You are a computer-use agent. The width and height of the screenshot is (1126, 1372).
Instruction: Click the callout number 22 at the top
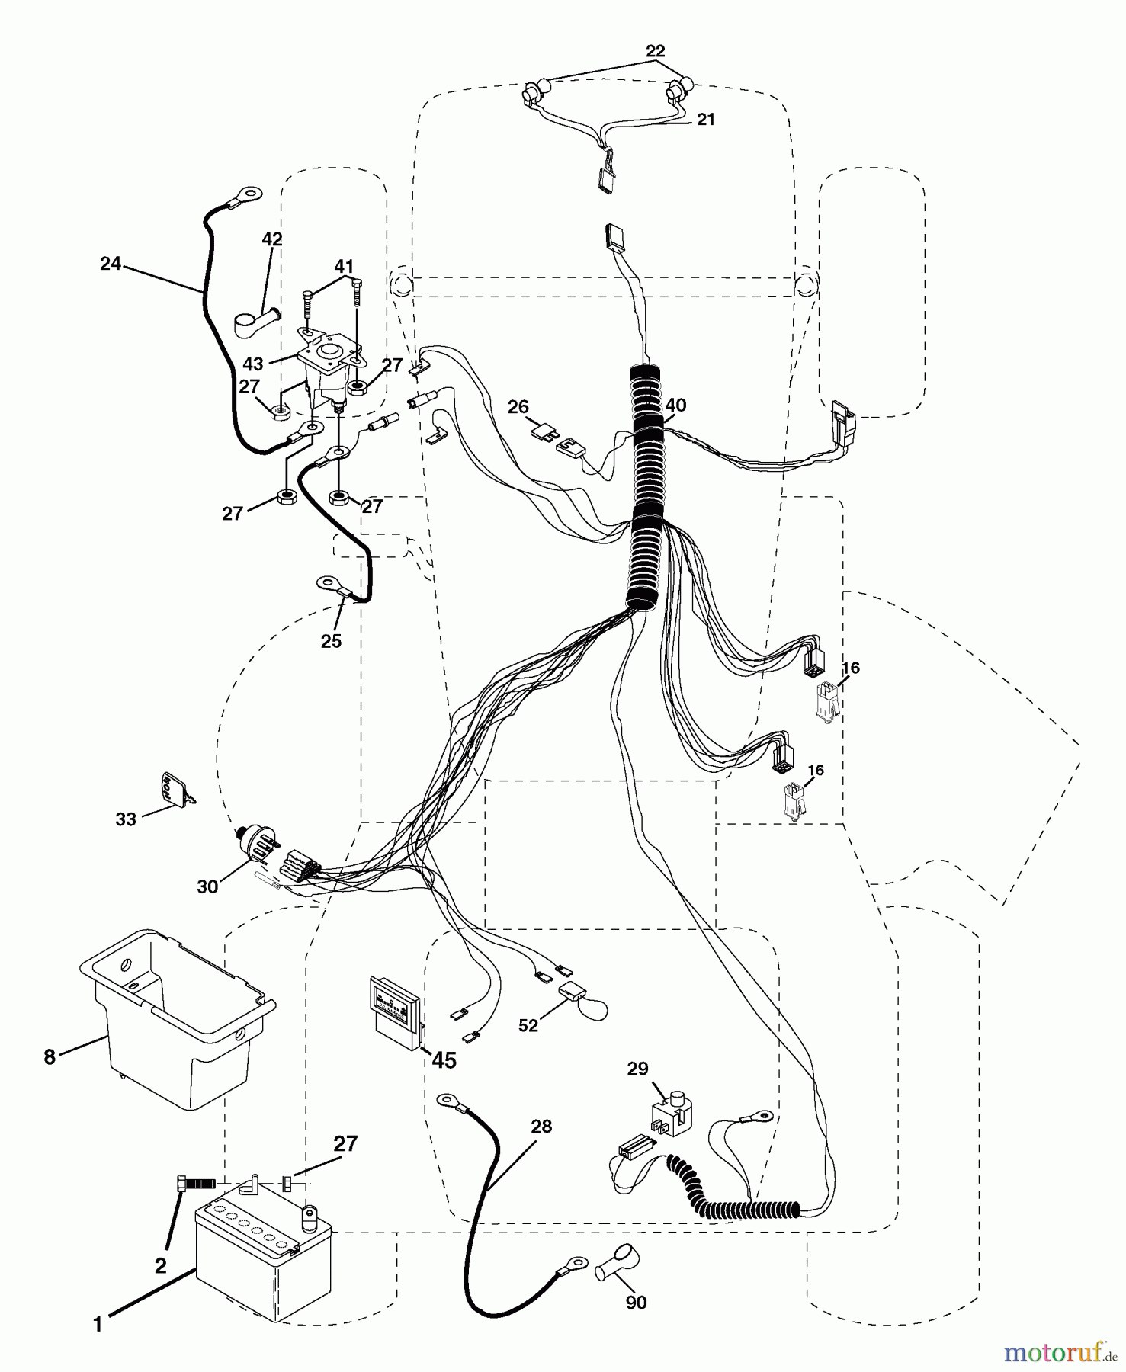pyautogui.click(x=655, y=51)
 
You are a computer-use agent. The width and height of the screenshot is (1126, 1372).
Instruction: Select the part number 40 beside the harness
pyautogui.click(x=675, y=406)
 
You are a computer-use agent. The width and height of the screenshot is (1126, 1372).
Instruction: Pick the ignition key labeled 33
pyautogui.click(x=175, y=787)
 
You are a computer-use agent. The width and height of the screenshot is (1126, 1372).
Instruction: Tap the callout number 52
pyautogui.click(x=528, y=1026)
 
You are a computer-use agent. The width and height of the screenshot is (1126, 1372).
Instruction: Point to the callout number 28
pyautogui.click(x=541, y=1126)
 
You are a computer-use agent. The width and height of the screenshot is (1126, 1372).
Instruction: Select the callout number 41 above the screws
pyautogui.click(x=344, y=267)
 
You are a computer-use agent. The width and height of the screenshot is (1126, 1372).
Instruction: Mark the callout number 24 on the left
pyautogui.click(x=111, y=264)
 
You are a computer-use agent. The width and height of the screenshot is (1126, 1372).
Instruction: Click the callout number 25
pyautogui.click(x=331, y=641)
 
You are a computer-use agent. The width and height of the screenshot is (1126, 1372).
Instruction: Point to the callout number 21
pyautogui.click(x=706, y=120)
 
